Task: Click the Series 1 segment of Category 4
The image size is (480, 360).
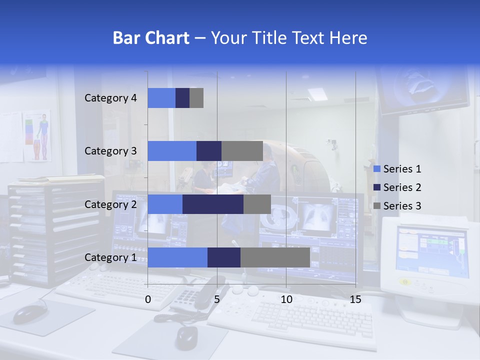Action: pyautogui.click(x=161, y=98)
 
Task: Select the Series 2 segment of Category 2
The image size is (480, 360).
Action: pyautogui.click(x=213, y=204)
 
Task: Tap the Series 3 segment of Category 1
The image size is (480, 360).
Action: pyautogui.click(x=275, y=257)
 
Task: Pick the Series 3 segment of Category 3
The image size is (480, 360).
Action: pyautogui.click(x=242, y=151)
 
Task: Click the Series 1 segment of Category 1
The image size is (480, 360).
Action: pyautogui.click(x=177, y=257)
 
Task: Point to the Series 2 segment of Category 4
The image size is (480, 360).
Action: pyautogui.click(x=182, y=98)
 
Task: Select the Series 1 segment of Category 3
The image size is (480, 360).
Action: pyautogui.click(x=172, y=151)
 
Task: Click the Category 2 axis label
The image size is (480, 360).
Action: pyautogui.click(x=110, y=204)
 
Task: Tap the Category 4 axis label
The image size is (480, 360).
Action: pyautogui.click(x=110, y=98)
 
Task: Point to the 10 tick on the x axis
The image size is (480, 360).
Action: pyautogui.click(x=286, y=299)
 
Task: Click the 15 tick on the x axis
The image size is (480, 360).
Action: pyautogui.click(x=355, y=299)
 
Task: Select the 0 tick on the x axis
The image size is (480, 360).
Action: pyautogui.click(x=148, y=299)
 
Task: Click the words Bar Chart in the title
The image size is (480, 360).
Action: pyautogui.click(x=151, y=38)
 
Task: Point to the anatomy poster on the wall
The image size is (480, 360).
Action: pyautogui.click(x=37, y=135)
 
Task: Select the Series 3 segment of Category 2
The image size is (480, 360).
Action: pyautogui.click(x=257, y=204)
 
